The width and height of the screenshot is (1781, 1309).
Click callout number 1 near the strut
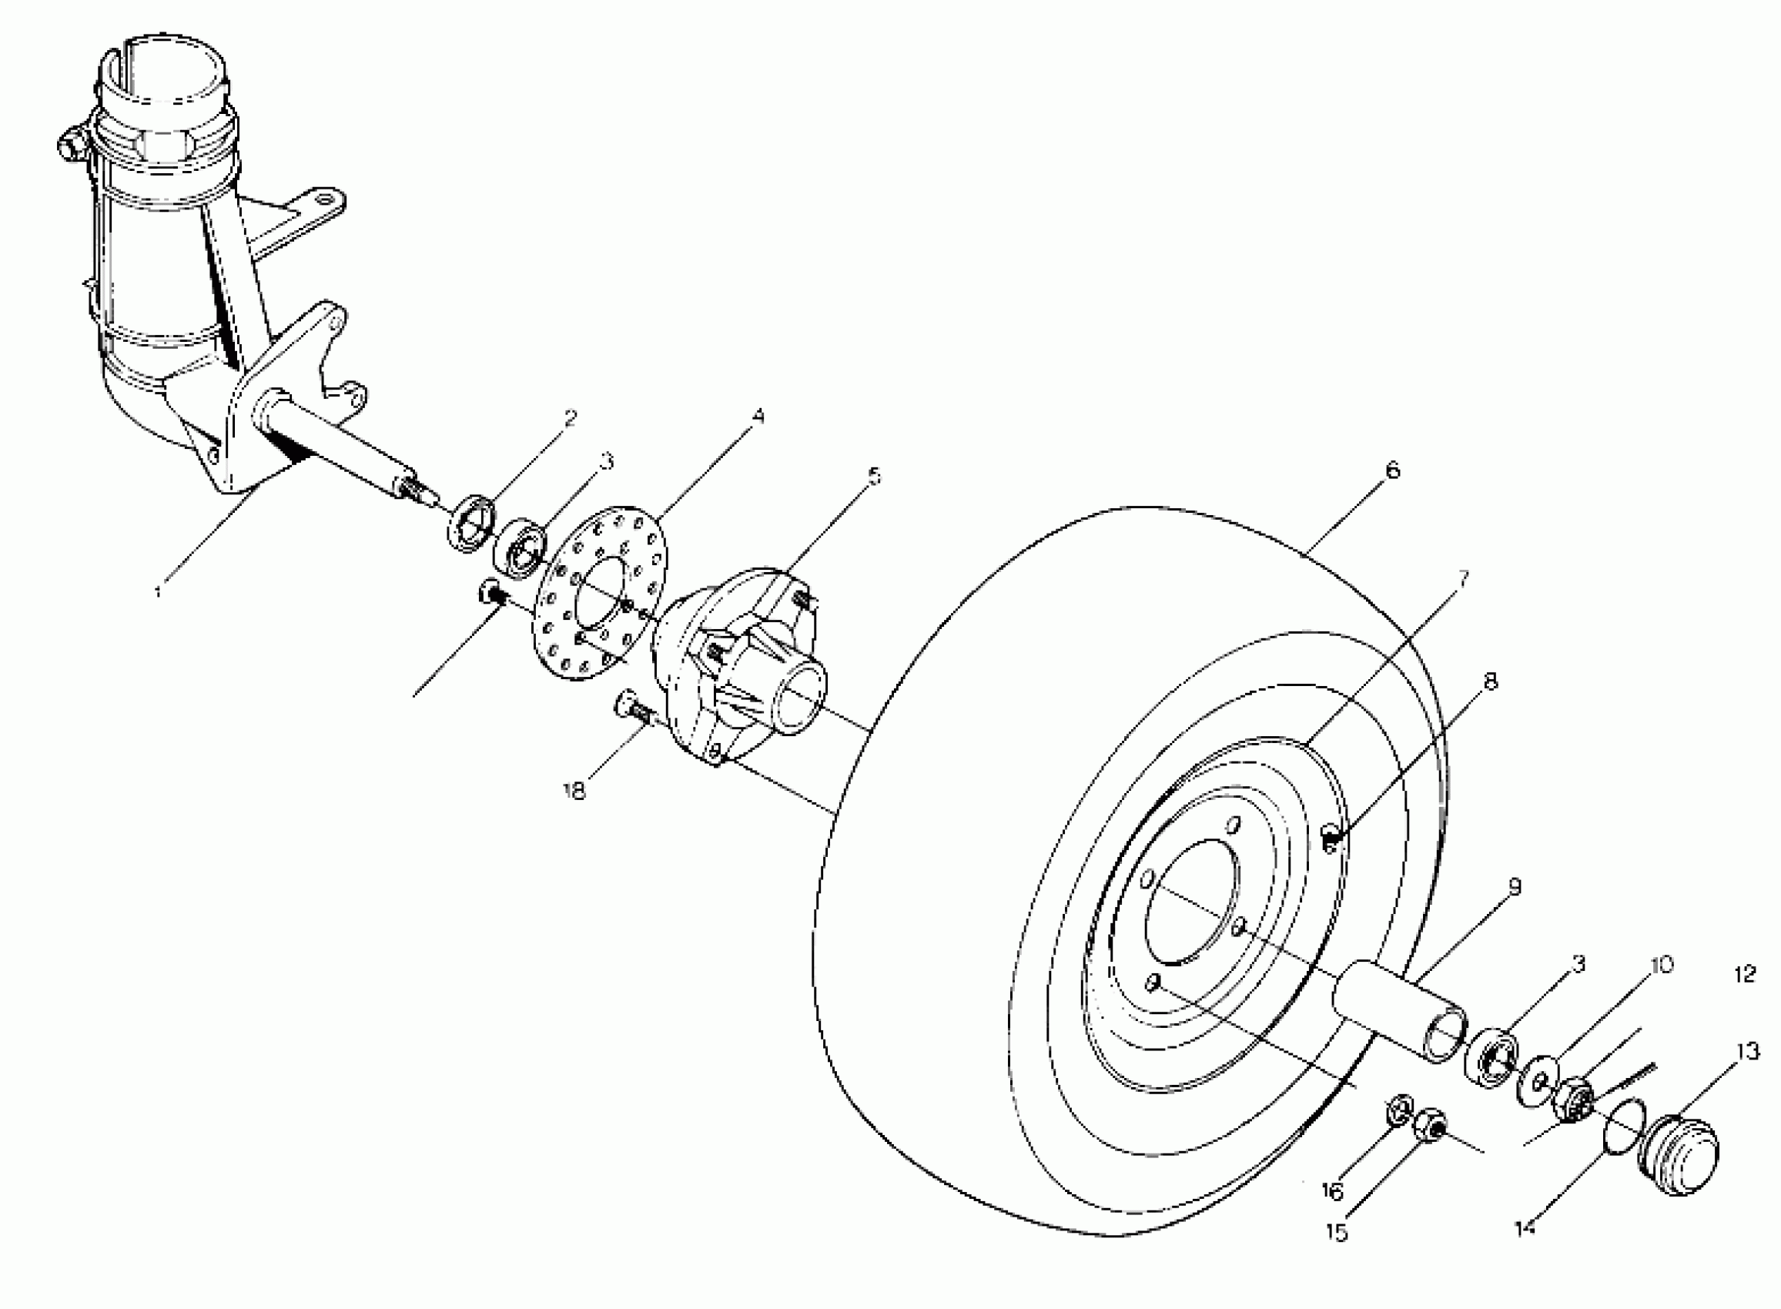point(159,591)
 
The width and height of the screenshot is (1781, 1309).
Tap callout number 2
point(571,417)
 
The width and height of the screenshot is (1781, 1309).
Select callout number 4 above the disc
point(758,417)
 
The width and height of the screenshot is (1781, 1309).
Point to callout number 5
point(873,476)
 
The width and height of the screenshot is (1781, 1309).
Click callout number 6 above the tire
point(1392,470)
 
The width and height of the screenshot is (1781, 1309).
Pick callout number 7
point(1461,577)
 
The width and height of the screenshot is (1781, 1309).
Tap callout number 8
point(1490,681)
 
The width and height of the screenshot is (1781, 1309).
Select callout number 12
point(1746,974)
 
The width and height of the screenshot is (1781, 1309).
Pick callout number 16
point(1333,1192)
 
